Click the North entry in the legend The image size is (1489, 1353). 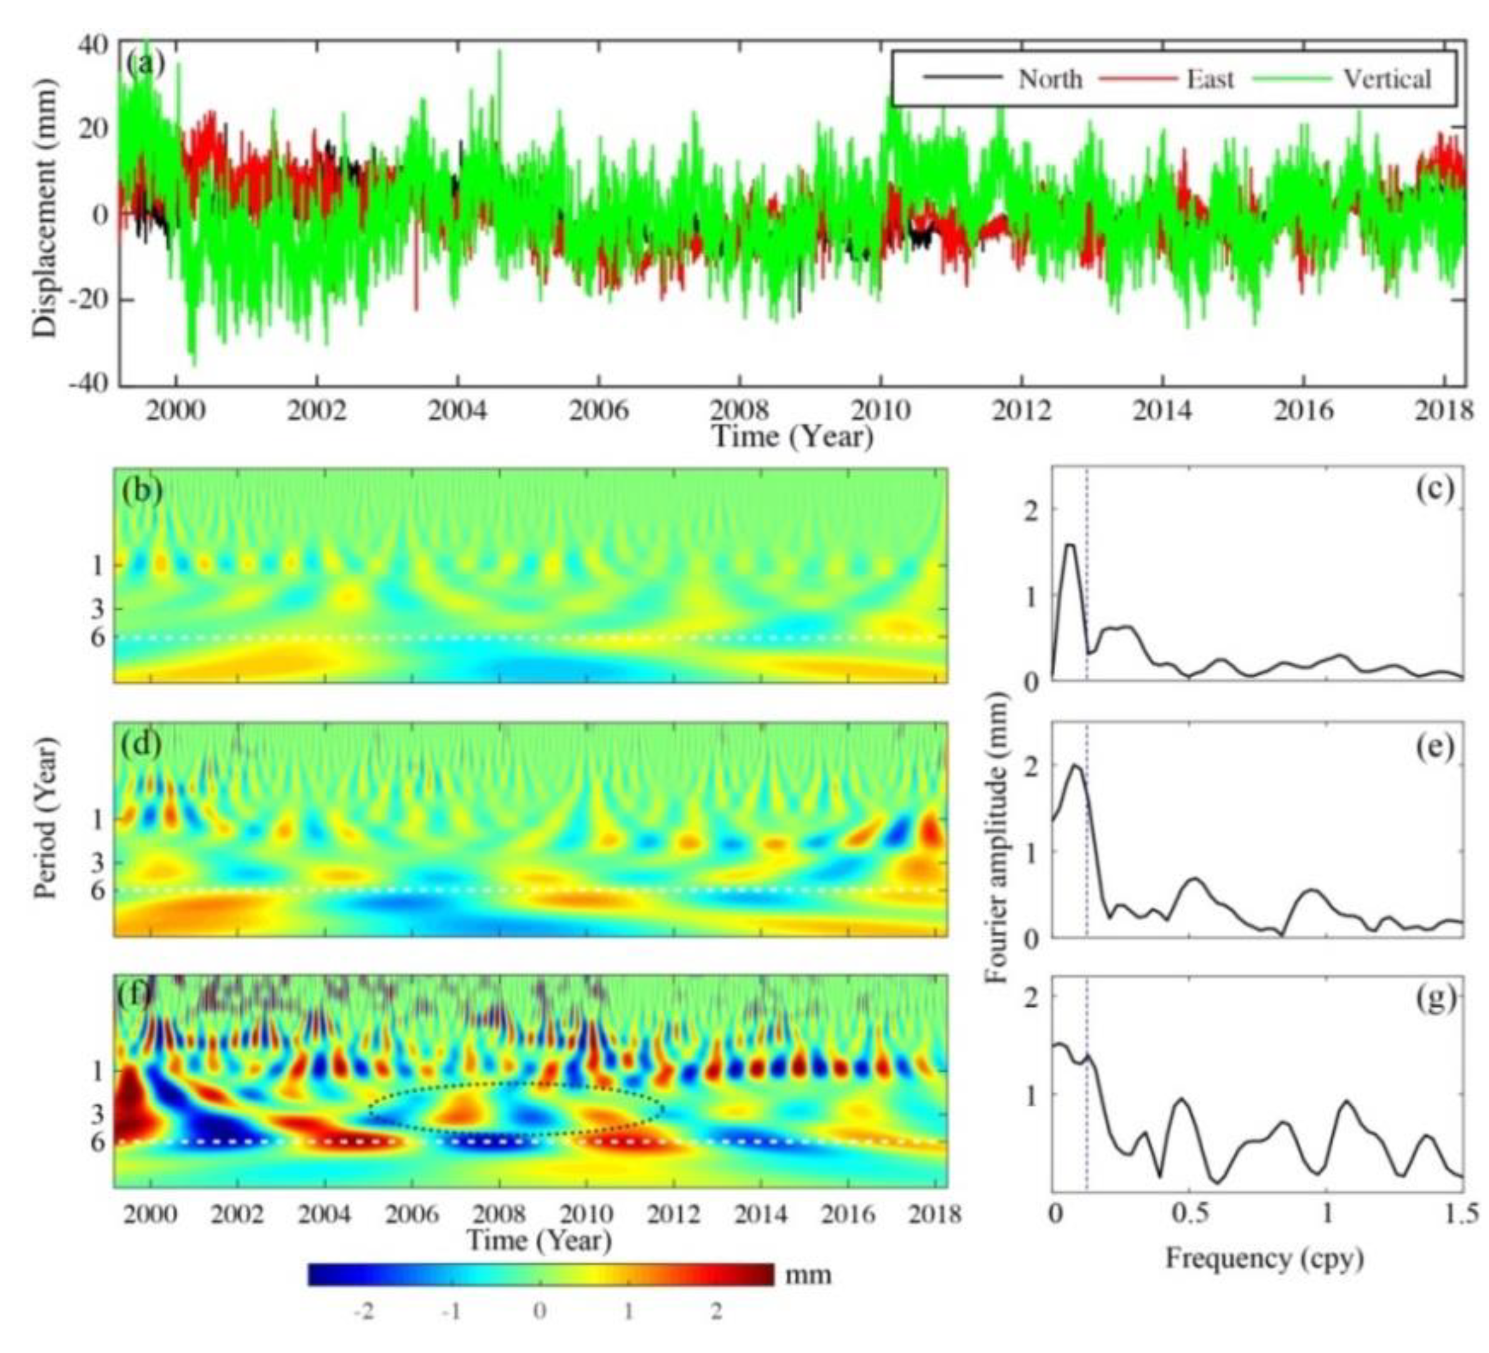tap(1050, 78)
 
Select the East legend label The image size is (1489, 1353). tap(1210, 78)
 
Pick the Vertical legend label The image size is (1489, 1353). tap(1386, 78)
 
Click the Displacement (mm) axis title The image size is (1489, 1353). tap(45, 214)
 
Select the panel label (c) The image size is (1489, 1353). tap(1435, 489)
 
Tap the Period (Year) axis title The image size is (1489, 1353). tap(46, 820)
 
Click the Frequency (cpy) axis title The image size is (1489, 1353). tap(1264, 1257)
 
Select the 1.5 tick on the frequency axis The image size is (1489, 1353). tap(1463, 1213)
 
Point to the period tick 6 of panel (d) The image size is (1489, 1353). tap(98, 891)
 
